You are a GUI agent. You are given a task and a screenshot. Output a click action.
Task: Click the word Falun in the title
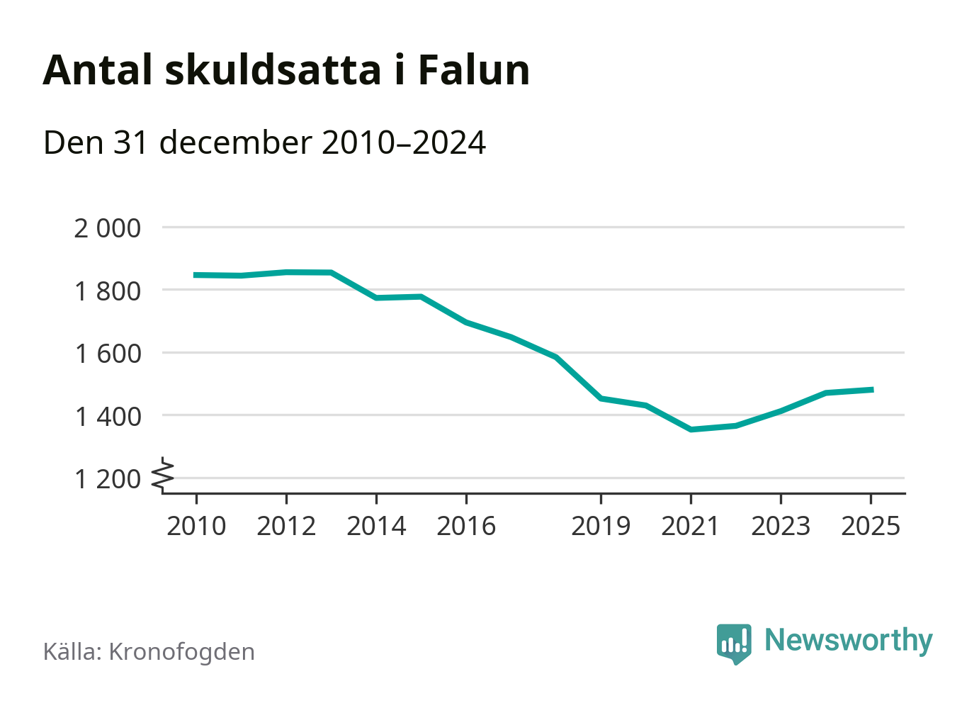(x=473, y=70)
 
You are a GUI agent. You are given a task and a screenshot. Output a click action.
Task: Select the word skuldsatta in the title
(x=273, y=70)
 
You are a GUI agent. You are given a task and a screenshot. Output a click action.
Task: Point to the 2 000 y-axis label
(x=108, y=228)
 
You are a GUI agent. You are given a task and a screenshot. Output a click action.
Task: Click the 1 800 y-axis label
(x=108, y=291)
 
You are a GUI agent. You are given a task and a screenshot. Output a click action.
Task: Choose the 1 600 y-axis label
(x=108, y=353)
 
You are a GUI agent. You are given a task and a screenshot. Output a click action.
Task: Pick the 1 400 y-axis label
(x=108, y=416)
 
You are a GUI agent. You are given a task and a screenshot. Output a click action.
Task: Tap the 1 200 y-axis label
(x=108, y=479)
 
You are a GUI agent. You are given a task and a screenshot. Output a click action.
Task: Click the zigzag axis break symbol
(x=164, y=475)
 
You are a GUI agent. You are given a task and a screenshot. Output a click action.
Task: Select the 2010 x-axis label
(x=196, y=527)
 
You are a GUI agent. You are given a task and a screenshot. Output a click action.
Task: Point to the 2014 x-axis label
(x=376, y=527)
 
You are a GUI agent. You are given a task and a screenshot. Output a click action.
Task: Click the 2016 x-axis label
(x=466, y=527)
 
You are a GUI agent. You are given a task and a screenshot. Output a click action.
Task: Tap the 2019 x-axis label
(x=601, y=527)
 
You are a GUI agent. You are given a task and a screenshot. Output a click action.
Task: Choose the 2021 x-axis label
(x=691, y=527)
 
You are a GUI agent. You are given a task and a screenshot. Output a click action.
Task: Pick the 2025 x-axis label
(x=871, y=527)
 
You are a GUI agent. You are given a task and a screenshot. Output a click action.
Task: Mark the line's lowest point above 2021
(x=691, y=429)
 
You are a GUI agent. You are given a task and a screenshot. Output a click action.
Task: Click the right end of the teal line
(x=872, y=390)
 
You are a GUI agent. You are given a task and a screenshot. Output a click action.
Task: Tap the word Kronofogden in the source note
(x=181, y=652)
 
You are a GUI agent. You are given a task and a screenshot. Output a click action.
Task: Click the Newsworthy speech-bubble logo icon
(x=733, y=643)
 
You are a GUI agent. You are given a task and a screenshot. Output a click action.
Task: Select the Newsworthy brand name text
(x=848, y=641)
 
